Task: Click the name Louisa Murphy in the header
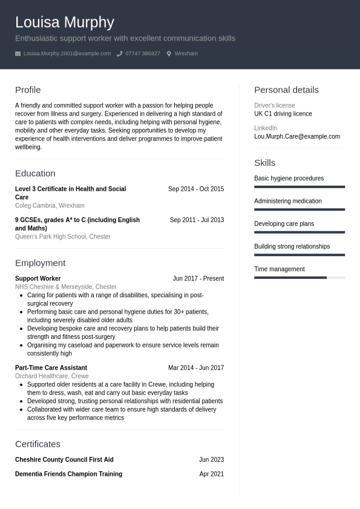(64, 22)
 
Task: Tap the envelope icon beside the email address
(18, 54)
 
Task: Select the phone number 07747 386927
(142, 54)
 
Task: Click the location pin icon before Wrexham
(169, 54)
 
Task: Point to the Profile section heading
(28, 90)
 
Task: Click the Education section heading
(35, 173)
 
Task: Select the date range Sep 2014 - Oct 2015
(195, 189)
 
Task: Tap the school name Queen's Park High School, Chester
(62, 237)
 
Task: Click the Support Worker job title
(38, 278)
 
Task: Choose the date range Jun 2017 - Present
(198, 278)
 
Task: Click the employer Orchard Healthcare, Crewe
(51, 376)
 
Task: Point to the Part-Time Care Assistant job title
(51, 367)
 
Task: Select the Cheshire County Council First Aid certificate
(64, 459)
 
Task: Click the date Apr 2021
(211, 474)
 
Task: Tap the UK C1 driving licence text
(283, 114)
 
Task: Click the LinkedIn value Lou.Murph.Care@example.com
(296, 136)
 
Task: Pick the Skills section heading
(264, 163)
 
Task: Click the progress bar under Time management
(299, 278)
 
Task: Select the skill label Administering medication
(287, 201)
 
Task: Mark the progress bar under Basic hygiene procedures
(299, 187)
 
